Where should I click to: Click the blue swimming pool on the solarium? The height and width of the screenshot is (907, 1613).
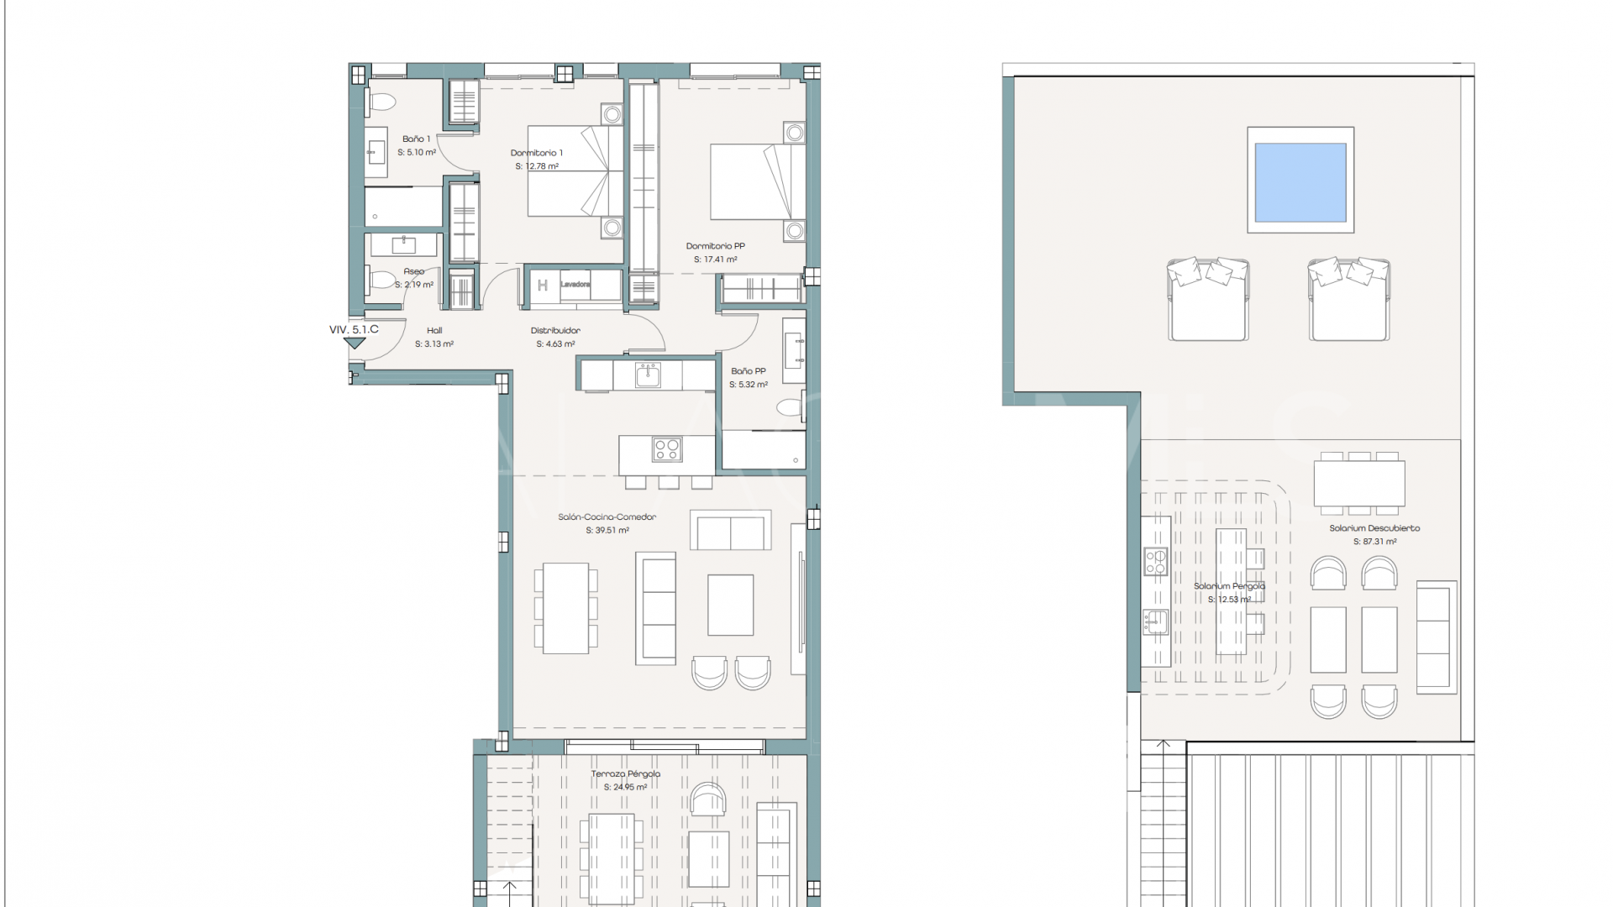pos(1300,181)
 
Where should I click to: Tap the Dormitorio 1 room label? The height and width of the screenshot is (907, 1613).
pos(537,153)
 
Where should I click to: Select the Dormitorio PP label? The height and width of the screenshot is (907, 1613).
pos(715,246)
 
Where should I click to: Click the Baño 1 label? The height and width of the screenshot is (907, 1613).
pos(416,139)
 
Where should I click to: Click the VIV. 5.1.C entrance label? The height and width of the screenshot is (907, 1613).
pos(354,329)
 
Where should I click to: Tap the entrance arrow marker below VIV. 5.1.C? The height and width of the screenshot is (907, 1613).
pos(355,343)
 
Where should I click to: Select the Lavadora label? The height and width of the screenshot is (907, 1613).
pos(575,285)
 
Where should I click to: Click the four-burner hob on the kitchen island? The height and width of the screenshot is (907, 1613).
pos(667,450)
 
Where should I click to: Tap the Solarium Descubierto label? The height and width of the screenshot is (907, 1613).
pos(1374,528)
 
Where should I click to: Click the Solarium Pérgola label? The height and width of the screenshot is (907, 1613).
pos(1229,586)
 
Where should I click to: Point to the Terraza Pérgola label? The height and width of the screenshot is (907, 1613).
pos(625,773)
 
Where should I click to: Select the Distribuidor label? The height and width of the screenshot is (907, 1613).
pos(555,330)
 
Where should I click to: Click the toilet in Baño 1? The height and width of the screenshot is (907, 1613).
pos(382,103)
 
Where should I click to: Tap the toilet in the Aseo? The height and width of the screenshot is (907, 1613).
pos(382,280)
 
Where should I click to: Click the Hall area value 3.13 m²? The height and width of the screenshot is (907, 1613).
pos(434,344)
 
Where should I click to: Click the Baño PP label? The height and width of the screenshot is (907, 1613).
pos(748,371)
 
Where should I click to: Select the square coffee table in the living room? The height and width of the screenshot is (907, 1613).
pos(730,605)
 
